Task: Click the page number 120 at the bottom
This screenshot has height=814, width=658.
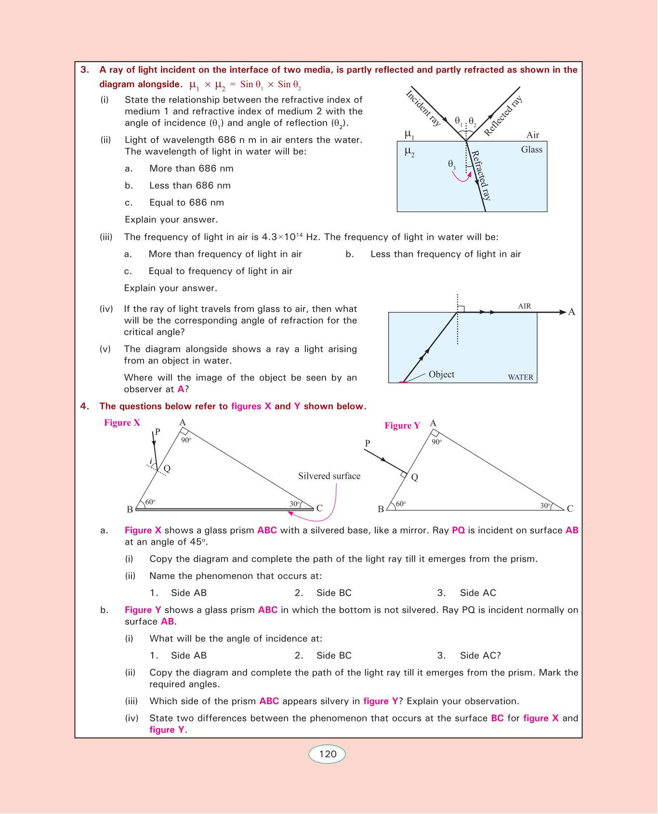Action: point(328,754)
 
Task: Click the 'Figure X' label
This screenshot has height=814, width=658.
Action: point(122,423)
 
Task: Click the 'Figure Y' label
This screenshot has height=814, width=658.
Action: point(402,426)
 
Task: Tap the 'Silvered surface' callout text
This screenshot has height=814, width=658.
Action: point(329,476)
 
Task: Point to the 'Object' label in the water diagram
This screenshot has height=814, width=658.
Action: point(441,375)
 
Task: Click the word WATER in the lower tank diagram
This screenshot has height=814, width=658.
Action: point(520,378)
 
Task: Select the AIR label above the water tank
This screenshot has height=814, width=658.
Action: point(525,306)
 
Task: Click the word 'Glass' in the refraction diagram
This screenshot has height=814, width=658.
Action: point(531,150)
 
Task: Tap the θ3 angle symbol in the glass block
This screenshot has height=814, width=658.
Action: point(451,164)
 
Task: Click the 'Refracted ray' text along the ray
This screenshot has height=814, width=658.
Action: point(481,175)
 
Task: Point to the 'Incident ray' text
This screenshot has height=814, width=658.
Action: point(423,108)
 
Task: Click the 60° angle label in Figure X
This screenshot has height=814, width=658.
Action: point(150,502)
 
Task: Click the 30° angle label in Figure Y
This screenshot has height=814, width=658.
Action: point(545,506)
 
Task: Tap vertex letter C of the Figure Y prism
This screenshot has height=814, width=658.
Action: point(570,509)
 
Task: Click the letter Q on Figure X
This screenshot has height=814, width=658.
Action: point(167,469)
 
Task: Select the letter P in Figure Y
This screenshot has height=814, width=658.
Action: point(368,443)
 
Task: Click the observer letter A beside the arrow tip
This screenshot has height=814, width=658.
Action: point(572,312)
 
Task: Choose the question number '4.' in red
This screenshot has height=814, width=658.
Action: point(85,407)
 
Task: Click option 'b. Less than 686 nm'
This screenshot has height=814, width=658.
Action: point(190,186)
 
